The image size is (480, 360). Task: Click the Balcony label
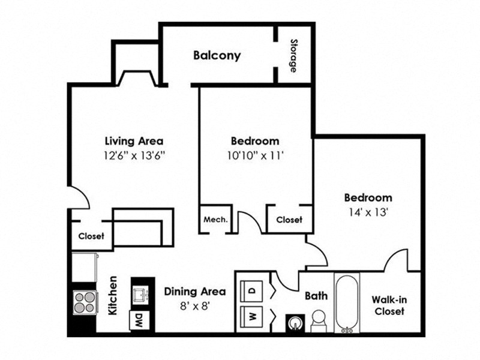(217, 56)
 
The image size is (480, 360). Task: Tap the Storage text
(293, 56)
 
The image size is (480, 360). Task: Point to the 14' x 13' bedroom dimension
(368, 211)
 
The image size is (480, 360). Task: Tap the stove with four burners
(84, 302)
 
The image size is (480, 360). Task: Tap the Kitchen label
(112, 295)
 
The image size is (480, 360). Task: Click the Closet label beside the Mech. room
(289, 220)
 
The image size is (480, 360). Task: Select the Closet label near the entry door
(91, 236)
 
